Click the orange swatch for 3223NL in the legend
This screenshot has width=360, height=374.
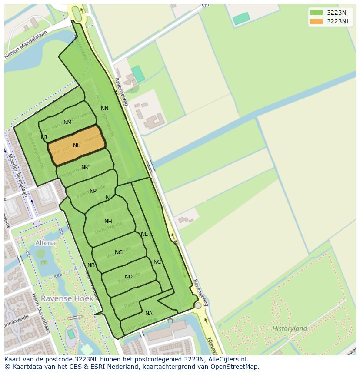click(316, 21)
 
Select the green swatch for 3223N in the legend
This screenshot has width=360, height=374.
click(316, 13)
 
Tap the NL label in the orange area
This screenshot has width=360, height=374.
click(77, 146)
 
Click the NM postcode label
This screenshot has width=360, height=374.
click(67, 122)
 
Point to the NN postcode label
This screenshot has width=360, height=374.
click(105, 109)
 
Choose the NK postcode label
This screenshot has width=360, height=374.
click(85, 168)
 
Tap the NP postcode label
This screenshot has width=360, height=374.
click(93, 191)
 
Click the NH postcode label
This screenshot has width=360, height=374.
click(108, 222)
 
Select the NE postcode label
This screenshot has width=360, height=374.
click(144, 234)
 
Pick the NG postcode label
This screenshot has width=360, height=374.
click(119, 252)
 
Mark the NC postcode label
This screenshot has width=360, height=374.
click(157, 262)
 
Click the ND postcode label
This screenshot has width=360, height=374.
click(129, 277)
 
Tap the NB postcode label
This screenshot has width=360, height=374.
click(91, 265)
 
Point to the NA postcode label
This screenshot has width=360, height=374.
click(149, 314)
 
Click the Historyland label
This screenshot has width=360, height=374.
click(290, 328)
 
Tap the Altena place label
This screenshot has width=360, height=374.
click(46, 243)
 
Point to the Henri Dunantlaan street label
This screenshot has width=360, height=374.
click(41, 313)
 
